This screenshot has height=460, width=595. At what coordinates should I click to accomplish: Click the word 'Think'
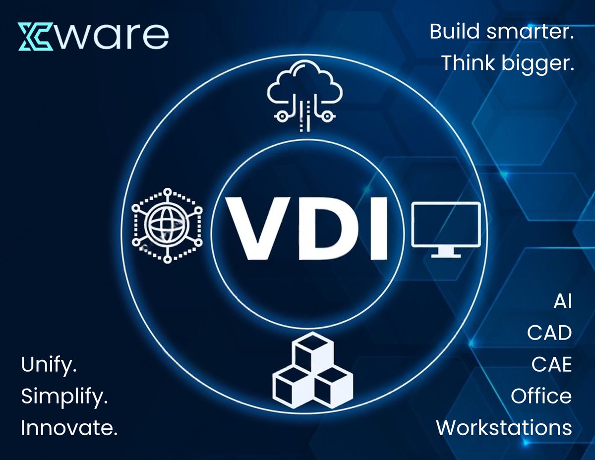click(x=470, y=63)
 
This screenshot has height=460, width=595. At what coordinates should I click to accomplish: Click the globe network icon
click(x=167, y=224)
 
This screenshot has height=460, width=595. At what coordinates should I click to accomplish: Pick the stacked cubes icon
click(x=313, y=369)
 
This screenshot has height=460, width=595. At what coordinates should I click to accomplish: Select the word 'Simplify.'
click(x=65, y=398)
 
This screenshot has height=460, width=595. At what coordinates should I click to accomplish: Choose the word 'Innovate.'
click(x=69, y=427)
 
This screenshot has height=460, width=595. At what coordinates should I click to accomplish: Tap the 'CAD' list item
click(x=549, y=334)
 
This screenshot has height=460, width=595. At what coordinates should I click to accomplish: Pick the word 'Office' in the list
click(x=541, y=396)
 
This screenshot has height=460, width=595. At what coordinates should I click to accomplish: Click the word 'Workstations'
click(x=504, y=427)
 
